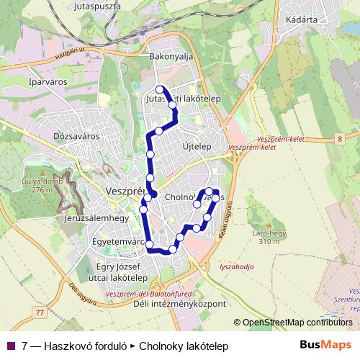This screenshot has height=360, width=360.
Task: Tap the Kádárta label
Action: [302, 20]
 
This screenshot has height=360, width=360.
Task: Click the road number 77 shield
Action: [40, 312]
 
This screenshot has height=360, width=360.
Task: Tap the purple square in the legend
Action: [12, 346]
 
